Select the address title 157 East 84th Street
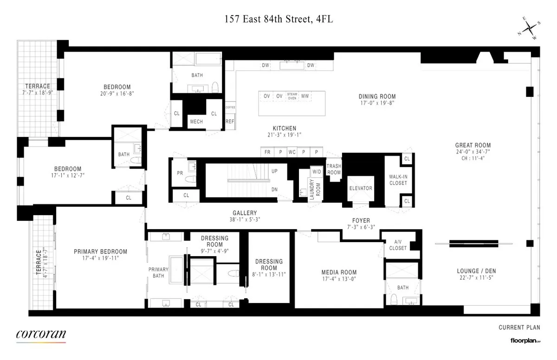pyautogui.click(x=278, y=19)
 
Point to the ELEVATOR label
pyautogui.click(x=361, y=188)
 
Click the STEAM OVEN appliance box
pyautogui.click(x=292, y=96)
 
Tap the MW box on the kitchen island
pyautogui.click(x=305, y=96)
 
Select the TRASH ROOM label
pyautogui.click(x=334, y=169)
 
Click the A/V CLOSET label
pyautogui.click(x=397, y=245)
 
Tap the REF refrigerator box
pyautogui.click(x=230, y=122)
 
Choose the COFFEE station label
pyautogui.click(x=230, y=107)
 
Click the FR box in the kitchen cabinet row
pyautogui.click(x=267, y=152)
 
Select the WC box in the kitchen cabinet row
pyautogui.click(x=292, y=152)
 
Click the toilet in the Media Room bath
pyautogui.click(x=394, y=298)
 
